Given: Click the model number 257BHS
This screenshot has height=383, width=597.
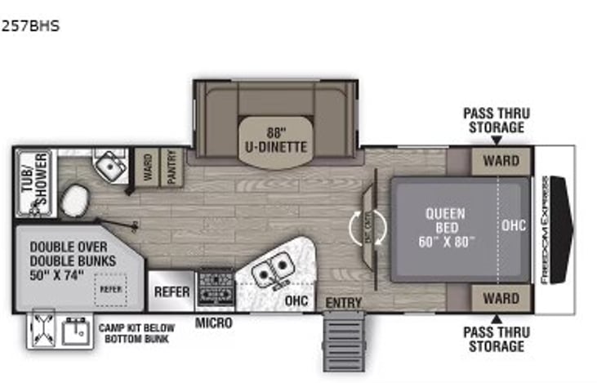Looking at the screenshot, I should pyautogui.click(x=30, y=26).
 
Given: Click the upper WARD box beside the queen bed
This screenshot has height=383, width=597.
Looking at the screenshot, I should pyautogui.click(x=501, y=161).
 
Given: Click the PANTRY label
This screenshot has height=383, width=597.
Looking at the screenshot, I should pyautogui.click(x=172, y=167).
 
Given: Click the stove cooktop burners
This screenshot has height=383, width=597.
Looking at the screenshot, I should pyautogui.click(x=215, y=286).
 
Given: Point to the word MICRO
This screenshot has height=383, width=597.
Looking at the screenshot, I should pyautogui.click(x=213, y=324).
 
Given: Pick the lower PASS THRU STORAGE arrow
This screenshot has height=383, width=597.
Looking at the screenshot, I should pyautogui.click(x=493, y=318).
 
